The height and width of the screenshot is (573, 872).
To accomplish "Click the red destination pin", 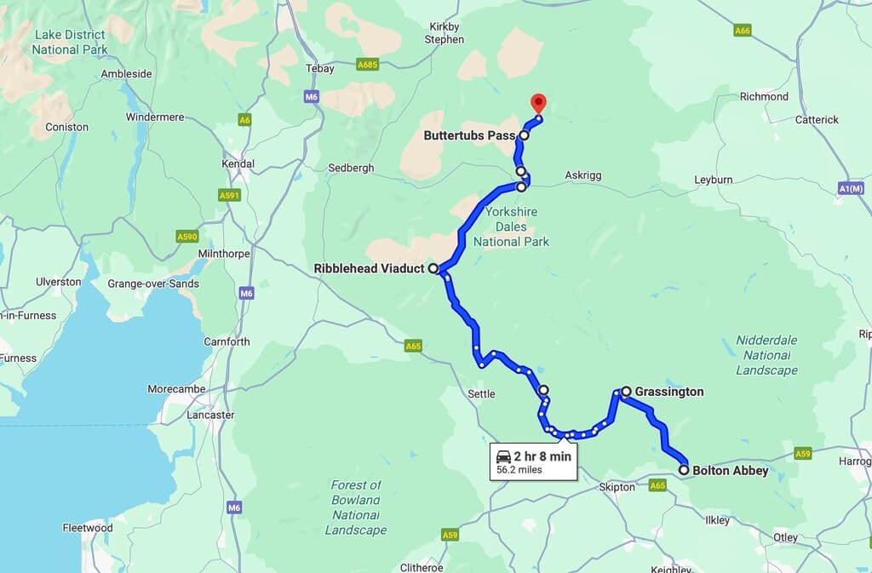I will [538, 103].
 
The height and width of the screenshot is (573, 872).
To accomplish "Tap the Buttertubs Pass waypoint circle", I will [524, 135].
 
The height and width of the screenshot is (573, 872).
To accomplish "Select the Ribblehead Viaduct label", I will [369, 269].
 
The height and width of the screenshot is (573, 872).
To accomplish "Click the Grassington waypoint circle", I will [626, 392].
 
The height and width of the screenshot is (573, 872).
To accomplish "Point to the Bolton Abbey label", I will [730, 470].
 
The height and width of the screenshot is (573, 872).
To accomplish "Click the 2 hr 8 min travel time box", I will [533, 461].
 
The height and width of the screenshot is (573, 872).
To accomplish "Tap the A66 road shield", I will [742, 31].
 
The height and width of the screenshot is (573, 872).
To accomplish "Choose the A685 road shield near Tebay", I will [368, 64].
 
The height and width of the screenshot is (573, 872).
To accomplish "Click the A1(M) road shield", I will [851, 188].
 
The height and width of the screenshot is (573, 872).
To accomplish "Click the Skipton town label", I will [617, 487].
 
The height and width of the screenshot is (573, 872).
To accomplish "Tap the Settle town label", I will [481, 393].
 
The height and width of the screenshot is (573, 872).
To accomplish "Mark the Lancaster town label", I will [209, 415].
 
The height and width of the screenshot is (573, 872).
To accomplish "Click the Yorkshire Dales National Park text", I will [511, 227].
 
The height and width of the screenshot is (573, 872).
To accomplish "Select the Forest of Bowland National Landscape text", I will [356, 507].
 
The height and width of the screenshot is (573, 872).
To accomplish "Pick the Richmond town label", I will [764, 96].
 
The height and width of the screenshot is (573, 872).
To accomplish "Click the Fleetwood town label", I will [88, 528].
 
